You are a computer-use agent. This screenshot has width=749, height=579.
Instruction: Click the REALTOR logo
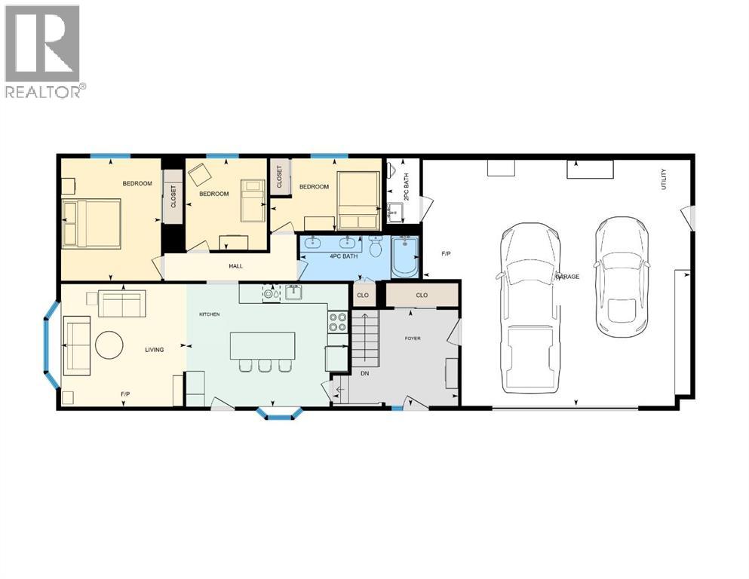tap(45, 51)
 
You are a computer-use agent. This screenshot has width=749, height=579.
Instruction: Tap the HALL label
tap(235, 266)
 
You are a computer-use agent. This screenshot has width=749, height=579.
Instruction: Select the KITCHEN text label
tap(209, 314)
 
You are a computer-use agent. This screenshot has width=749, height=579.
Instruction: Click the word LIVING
tap(155, 349)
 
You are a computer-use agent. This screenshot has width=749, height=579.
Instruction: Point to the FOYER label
tap(413, 339)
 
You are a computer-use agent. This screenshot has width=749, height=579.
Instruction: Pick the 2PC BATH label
tap(407, 187)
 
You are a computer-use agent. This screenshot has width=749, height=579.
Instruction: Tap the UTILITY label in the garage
tap(663, 179)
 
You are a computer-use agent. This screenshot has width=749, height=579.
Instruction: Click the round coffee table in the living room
tap(109, 345)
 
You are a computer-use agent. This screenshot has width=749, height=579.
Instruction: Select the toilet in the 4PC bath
tap(376, 246)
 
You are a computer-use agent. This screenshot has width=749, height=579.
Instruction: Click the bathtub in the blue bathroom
tap(405, 257)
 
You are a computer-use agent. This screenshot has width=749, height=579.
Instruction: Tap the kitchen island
tap(262, 345)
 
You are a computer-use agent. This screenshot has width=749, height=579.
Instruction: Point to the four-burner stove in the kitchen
tap(338, 322)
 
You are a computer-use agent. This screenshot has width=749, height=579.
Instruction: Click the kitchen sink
tap(293, 292)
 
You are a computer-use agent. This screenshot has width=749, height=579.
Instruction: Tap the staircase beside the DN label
tap(365, 338)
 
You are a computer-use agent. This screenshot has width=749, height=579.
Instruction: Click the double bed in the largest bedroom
tap(92, 223)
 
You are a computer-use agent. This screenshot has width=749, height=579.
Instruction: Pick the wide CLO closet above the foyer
tap(422, 295)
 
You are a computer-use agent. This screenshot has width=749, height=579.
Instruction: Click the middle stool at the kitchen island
tap(264, 366)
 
